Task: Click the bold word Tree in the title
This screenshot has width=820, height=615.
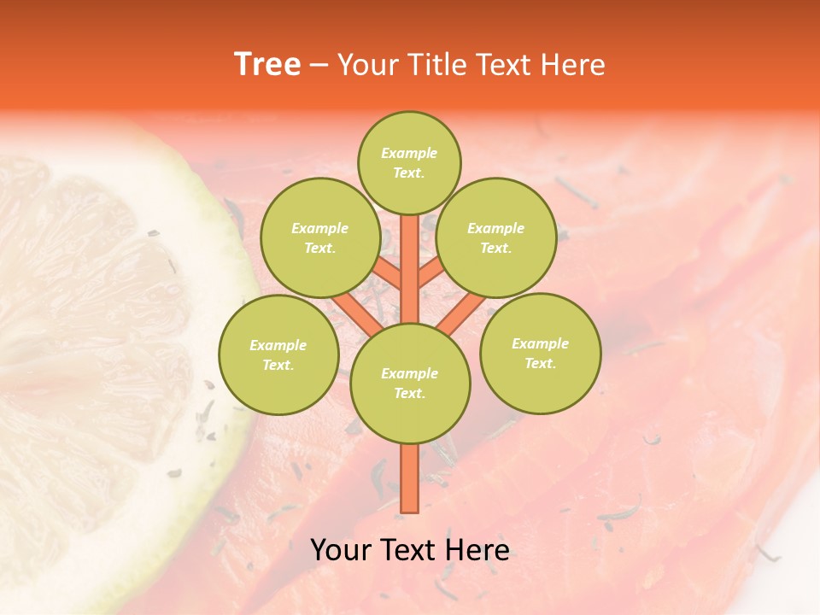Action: tap(267, 65)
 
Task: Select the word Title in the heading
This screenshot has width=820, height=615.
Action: tap(434, 65)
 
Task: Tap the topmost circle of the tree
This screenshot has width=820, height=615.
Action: tap(409, 162)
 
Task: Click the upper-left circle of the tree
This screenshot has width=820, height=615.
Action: tap(319, 237)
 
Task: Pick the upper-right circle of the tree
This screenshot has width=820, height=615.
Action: tap(495, 237)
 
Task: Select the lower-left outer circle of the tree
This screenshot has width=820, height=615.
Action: tap(278, 354)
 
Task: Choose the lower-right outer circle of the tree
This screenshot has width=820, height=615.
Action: tap(540, 353)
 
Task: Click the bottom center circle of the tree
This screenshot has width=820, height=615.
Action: tap(410, 383)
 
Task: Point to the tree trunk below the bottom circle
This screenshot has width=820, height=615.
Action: tap(409, 478)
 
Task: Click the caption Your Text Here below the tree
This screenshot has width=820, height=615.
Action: tap(409, 550)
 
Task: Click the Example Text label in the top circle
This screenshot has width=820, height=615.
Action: tap(409, 162)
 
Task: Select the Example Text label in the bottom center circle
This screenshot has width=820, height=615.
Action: tap(409, 383)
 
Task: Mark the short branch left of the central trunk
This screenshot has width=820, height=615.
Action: tap(386, 273)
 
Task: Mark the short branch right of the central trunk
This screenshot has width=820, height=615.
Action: tap(432, 273)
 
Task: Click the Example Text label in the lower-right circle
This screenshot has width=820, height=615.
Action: tap(540, 353)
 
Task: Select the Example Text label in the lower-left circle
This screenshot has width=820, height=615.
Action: tap(278, 354)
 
